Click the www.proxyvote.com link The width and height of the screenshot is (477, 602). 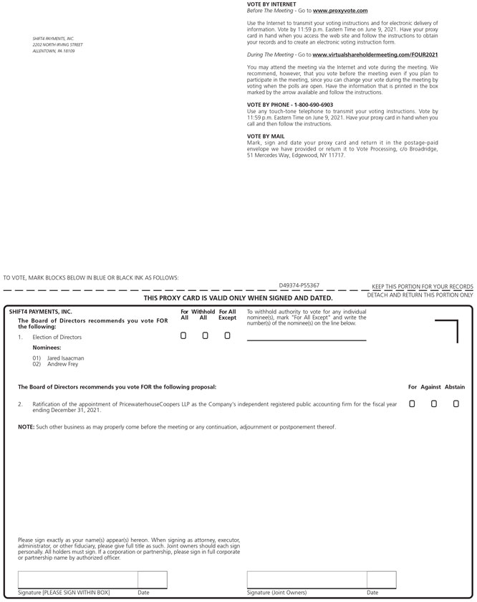click(340, 11)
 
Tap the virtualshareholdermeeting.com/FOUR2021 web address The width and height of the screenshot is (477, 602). click(375, 54)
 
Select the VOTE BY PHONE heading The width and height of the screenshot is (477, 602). click(280, 105)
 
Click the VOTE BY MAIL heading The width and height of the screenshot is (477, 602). click(266, 136)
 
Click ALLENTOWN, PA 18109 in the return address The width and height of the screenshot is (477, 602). click(53, 51)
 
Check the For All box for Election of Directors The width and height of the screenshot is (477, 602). click(184, 335)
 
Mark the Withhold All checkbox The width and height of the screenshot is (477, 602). click(205, 335)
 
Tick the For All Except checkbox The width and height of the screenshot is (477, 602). click(227, 335)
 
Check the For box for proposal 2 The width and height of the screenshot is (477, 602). click(412, 404)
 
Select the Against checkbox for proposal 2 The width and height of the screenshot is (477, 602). click(433, 404)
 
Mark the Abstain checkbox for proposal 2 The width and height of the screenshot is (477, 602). click(456, 404)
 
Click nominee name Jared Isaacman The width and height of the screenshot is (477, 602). click(65, 358)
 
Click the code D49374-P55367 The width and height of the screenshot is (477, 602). click(299, 285)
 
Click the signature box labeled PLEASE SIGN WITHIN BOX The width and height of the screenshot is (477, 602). click(77, 580)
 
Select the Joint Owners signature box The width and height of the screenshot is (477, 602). click(307, 580)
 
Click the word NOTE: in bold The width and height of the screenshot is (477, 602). click(26, 427)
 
